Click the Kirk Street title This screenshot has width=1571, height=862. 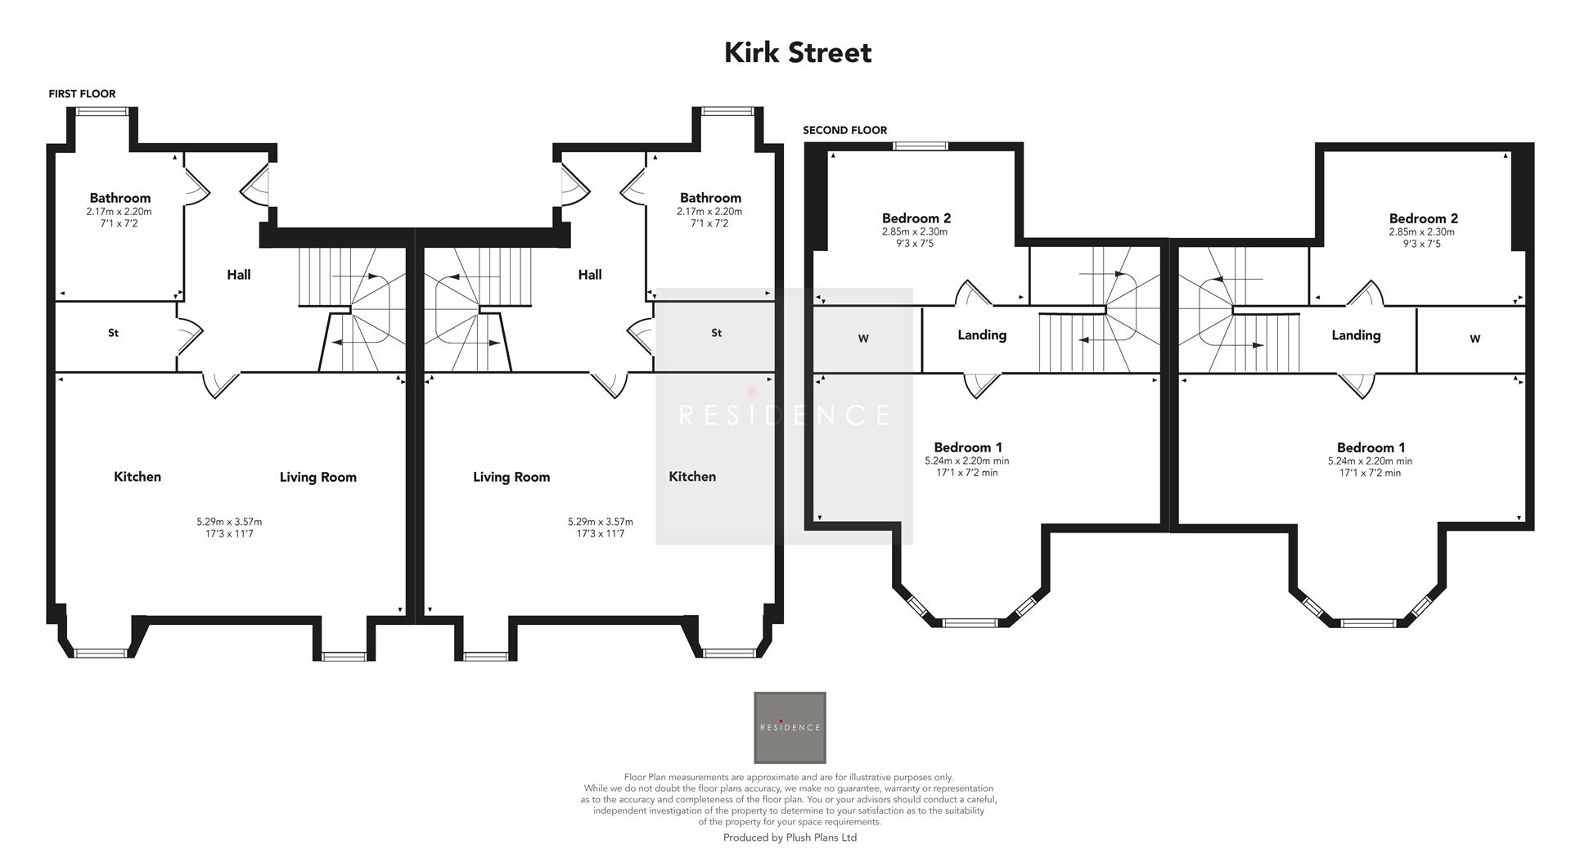[x=798, y=53]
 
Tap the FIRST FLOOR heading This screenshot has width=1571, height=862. [x=82, y=94]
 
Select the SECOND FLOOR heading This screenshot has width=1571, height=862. [x=844, y=130]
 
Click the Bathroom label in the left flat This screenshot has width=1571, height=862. [x=120, y=198]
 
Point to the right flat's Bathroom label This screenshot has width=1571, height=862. [x=710, y=198]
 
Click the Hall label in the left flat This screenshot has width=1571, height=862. [x=239, y=275]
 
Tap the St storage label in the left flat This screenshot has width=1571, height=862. [x=114, y=333]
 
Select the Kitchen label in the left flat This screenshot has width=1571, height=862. [x=137, y=477]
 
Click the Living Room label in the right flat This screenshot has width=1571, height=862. [x=511, y=477]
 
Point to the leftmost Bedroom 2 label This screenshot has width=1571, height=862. [x=916, y=218]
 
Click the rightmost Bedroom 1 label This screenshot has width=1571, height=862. [x=1371, y=447]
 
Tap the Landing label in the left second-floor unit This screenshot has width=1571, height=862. [x=982, y=334]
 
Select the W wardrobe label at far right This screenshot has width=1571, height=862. [x=1474, y=339]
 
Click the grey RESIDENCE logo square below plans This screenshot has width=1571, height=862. [x=790, y=727]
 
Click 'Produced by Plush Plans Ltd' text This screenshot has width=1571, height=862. [x=790, y=837]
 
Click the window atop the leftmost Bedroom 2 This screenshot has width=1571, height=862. [x=920, y=146]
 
